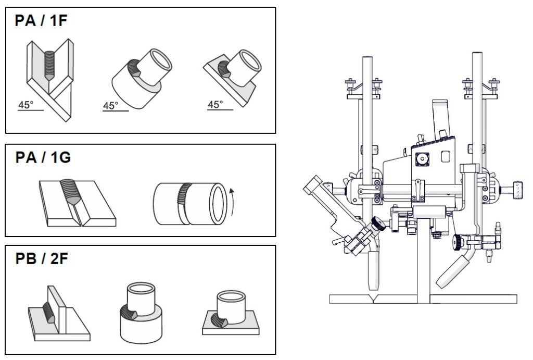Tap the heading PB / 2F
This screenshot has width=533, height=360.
click(42, 258)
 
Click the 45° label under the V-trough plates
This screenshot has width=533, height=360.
click(26, 105)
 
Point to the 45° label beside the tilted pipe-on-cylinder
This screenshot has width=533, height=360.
click(111, 106)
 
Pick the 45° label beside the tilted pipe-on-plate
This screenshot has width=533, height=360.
click(215, 105)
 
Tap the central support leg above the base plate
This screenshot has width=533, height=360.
click(423, 260)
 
